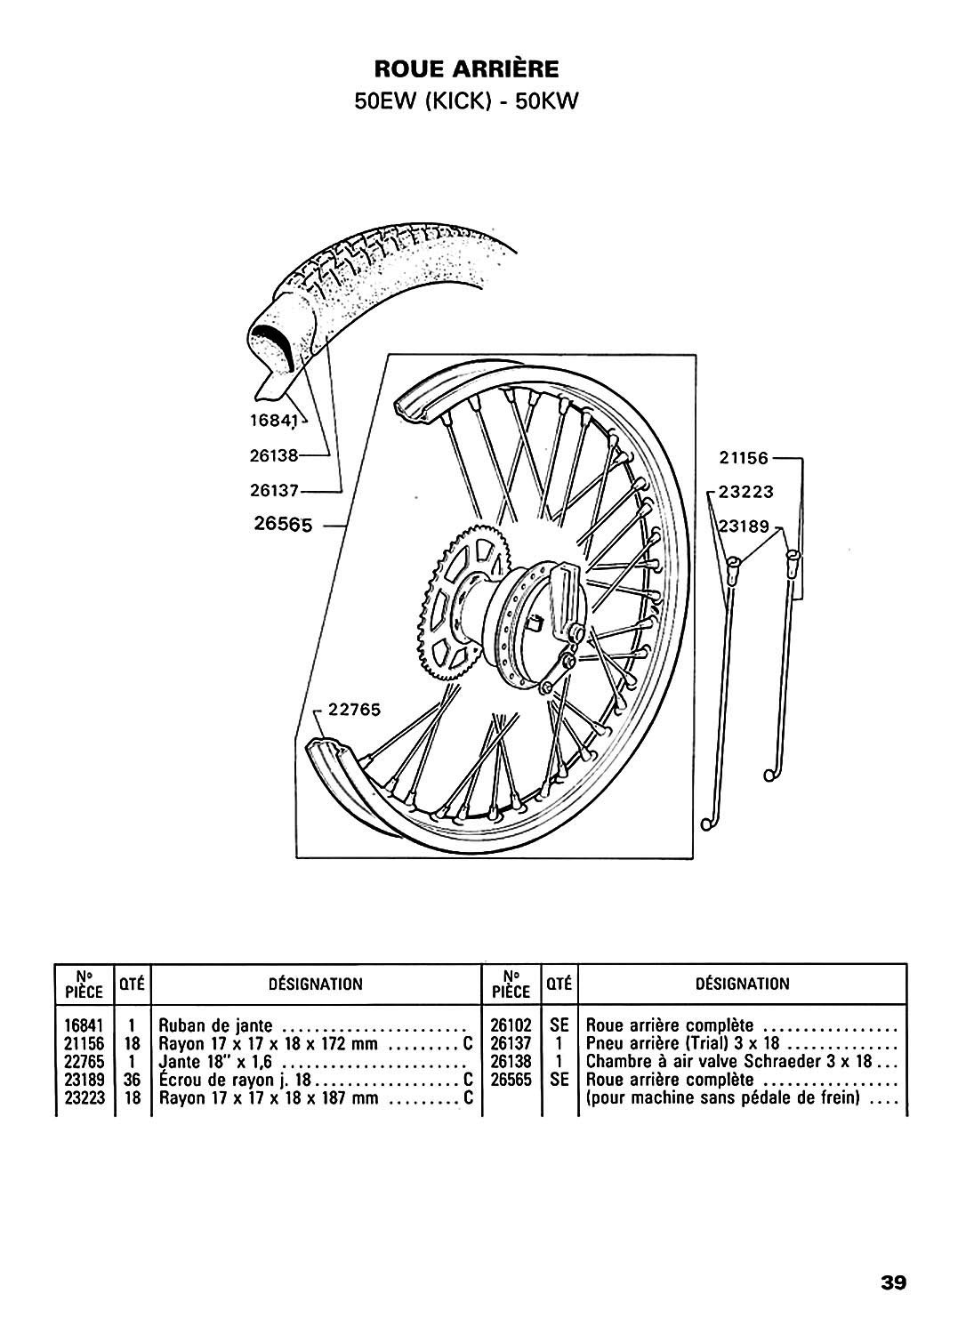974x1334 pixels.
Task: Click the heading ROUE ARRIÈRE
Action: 466,69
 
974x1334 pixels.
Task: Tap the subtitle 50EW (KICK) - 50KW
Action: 466,101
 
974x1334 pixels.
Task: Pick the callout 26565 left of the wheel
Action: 282,526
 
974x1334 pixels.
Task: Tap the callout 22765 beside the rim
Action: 353,709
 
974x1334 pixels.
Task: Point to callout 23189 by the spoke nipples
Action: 745,526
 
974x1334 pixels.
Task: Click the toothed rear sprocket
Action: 453,596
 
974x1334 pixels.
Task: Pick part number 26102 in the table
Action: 511,1025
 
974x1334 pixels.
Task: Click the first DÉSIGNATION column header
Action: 315,984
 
